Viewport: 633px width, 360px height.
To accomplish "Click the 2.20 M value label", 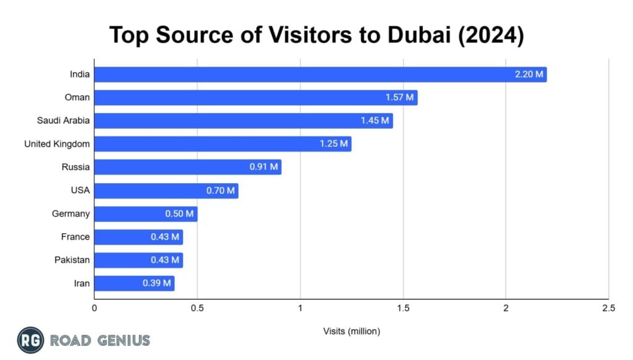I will pyautogui.click(x=529, y=75).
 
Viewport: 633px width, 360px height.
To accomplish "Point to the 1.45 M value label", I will pyautogui.click(x=375, y=121).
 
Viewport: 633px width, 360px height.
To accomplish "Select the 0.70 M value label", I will pyautogui.click(x=221, y=191).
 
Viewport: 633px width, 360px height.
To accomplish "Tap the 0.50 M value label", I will pyautogui.click(x=179, y=214).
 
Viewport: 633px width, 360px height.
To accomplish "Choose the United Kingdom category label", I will pyautogui.click(x=57, y=144).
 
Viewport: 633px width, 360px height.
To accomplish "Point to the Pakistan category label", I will pyautogui.click(x=72, y=260).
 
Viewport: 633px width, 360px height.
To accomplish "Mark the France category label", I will pyautogui.click(x=75, y=237).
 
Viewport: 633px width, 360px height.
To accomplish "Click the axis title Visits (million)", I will pyautogui.click(x=351, y=332).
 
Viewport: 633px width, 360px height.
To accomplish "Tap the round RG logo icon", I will pyautogui.click(x=30, y=340).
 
